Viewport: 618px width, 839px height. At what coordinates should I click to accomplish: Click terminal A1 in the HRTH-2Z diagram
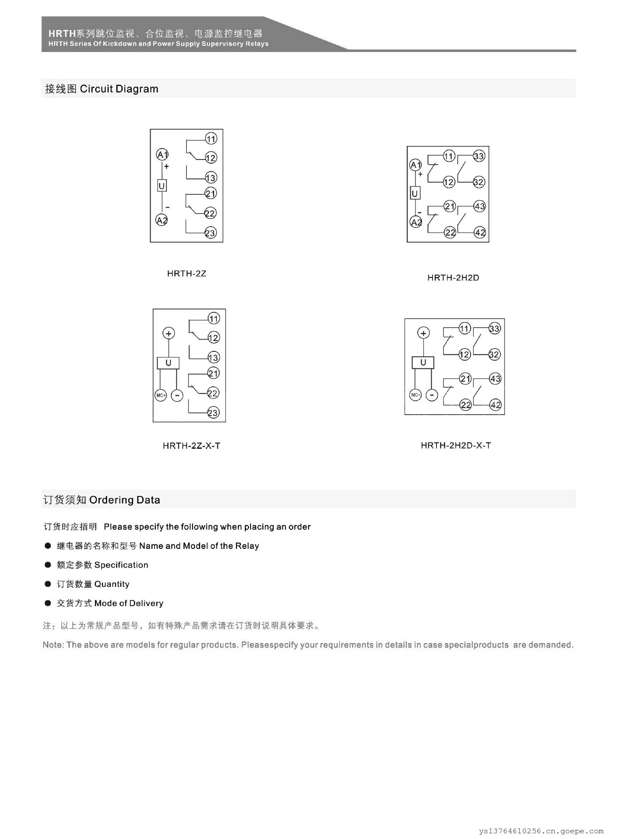[x=162, y=154]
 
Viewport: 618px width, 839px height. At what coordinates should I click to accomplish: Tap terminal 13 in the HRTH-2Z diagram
[x=211, y=177]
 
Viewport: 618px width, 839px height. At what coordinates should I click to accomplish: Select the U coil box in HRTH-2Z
[x=162, y=186]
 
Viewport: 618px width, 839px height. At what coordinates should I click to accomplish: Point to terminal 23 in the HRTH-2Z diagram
[x=210, y=233]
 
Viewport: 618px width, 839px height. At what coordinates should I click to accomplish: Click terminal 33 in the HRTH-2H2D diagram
[x=479, y=156]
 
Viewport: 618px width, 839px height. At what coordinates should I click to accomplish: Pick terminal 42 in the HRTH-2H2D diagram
[x=480, y=232]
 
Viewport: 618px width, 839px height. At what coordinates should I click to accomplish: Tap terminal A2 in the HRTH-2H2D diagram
[x=416, y=222]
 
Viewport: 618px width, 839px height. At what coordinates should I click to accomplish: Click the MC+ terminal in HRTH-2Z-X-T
[x=161, y=395]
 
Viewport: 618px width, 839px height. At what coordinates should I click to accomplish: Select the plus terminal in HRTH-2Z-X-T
[x=168, y=333]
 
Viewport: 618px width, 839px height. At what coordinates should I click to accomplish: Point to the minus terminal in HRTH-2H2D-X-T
[x=432, y=395]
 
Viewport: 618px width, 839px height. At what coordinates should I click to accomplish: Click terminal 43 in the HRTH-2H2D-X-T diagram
[x=495, y=378]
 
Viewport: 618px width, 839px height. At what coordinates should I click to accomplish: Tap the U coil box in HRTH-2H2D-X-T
[x=423, y=362]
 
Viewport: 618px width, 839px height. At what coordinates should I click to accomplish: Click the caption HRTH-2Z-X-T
[x=191, y=446]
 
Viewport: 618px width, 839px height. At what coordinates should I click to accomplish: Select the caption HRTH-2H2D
[x=453, y=277]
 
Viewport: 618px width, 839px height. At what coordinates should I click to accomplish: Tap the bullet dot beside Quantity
[x=48, y=584]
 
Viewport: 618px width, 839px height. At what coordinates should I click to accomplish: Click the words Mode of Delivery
[x=129, y=603]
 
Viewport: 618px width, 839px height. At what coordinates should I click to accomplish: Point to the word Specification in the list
[x=121, y=565]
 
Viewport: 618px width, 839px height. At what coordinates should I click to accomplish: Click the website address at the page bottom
[x=541, y=831]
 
